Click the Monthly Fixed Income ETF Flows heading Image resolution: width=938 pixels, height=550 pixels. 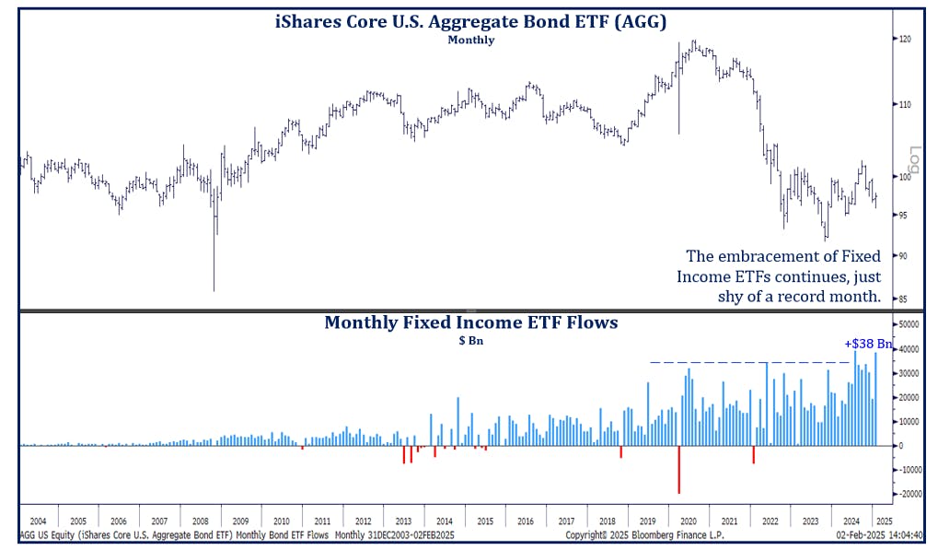click(x=470, y=322)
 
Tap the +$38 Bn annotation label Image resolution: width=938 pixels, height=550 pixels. click(x=867, y=344)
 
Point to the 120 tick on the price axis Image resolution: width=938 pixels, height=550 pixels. click(x=906, y=39)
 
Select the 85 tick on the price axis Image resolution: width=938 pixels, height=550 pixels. click(x=905, y=298)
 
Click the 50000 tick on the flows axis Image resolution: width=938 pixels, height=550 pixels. click(x=910, y=325)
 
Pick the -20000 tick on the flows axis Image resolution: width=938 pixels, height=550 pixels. click(x=912, y=494)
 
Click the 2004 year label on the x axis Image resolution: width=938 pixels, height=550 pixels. click(x=38, y=521)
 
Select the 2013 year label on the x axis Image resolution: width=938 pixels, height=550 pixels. click(x=404, y=521)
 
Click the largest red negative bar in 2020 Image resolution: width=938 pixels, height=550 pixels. click(x=678, y=469)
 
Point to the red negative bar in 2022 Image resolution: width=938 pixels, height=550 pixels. click(x=753, y=454)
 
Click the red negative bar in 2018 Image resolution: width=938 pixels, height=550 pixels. click(x=621, y=451)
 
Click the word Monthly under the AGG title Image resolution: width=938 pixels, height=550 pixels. click(x=470, y=40)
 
